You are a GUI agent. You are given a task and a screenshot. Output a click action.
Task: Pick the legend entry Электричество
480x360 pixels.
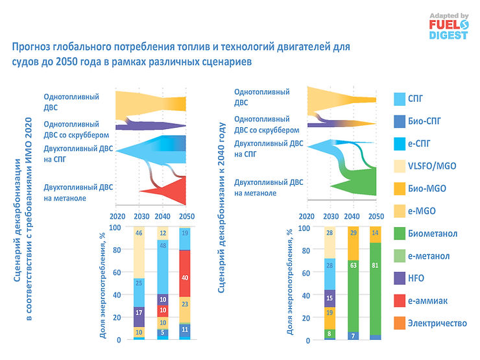pos(437,322)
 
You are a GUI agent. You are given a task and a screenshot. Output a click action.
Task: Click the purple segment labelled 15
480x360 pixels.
pos(330,298)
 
